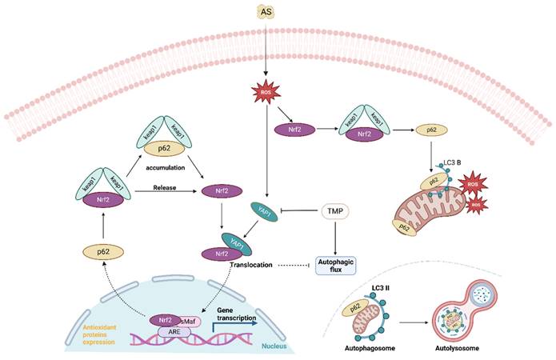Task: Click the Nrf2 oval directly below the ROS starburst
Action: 294,128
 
